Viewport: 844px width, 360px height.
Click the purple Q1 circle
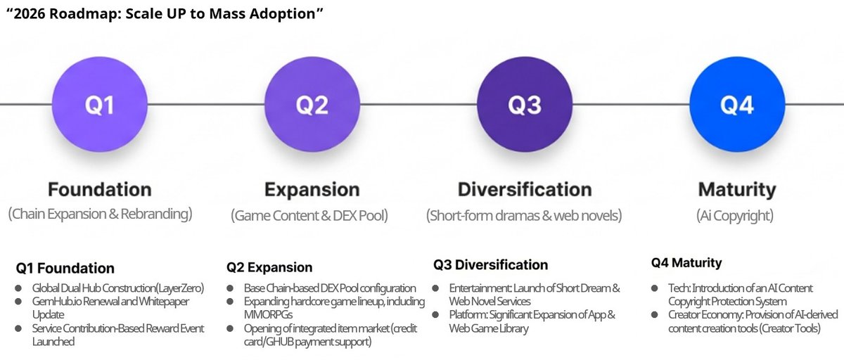click(100, 105)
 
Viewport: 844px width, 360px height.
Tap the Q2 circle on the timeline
click(312, 105)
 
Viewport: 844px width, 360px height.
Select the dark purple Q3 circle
click(524, 105)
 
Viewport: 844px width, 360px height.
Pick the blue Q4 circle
click(736, 105)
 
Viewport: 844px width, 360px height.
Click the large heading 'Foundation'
click(100, 190)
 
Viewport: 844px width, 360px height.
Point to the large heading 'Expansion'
click(312, 190)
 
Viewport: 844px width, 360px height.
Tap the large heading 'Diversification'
click(524, 190)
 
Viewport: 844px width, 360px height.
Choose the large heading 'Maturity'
click(736, 190)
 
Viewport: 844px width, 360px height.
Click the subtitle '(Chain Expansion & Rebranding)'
click(100, 214)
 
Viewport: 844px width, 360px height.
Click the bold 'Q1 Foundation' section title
click(65, 268)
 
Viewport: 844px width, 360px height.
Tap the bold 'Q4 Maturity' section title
click(686, 264)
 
